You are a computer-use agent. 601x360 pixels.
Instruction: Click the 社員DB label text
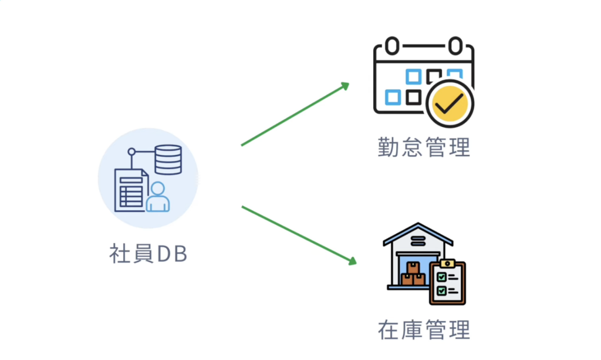(148, 253)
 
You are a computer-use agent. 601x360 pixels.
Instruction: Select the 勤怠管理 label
(424, 147)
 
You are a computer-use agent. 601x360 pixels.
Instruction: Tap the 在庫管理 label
(424, 329)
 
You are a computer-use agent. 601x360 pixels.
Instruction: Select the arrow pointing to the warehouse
(299, 234)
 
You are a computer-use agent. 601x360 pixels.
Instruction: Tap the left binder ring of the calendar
(392, 45)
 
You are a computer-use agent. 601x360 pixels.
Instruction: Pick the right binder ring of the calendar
(455, 45)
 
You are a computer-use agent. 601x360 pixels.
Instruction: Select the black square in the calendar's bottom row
(414, 96)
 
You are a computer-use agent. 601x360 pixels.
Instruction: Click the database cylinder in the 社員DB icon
(168, 159)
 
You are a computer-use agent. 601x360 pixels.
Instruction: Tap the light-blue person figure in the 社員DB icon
(157, 197)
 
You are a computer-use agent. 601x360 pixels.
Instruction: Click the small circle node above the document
(131, 152)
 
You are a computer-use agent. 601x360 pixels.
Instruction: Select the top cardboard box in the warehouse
(413, 268)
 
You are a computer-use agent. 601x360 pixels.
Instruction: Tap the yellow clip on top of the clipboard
(447, 264)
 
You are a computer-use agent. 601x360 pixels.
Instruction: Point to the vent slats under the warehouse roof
(418, 240)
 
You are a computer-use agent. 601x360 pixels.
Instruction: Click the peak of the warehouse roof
(418, 224)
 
